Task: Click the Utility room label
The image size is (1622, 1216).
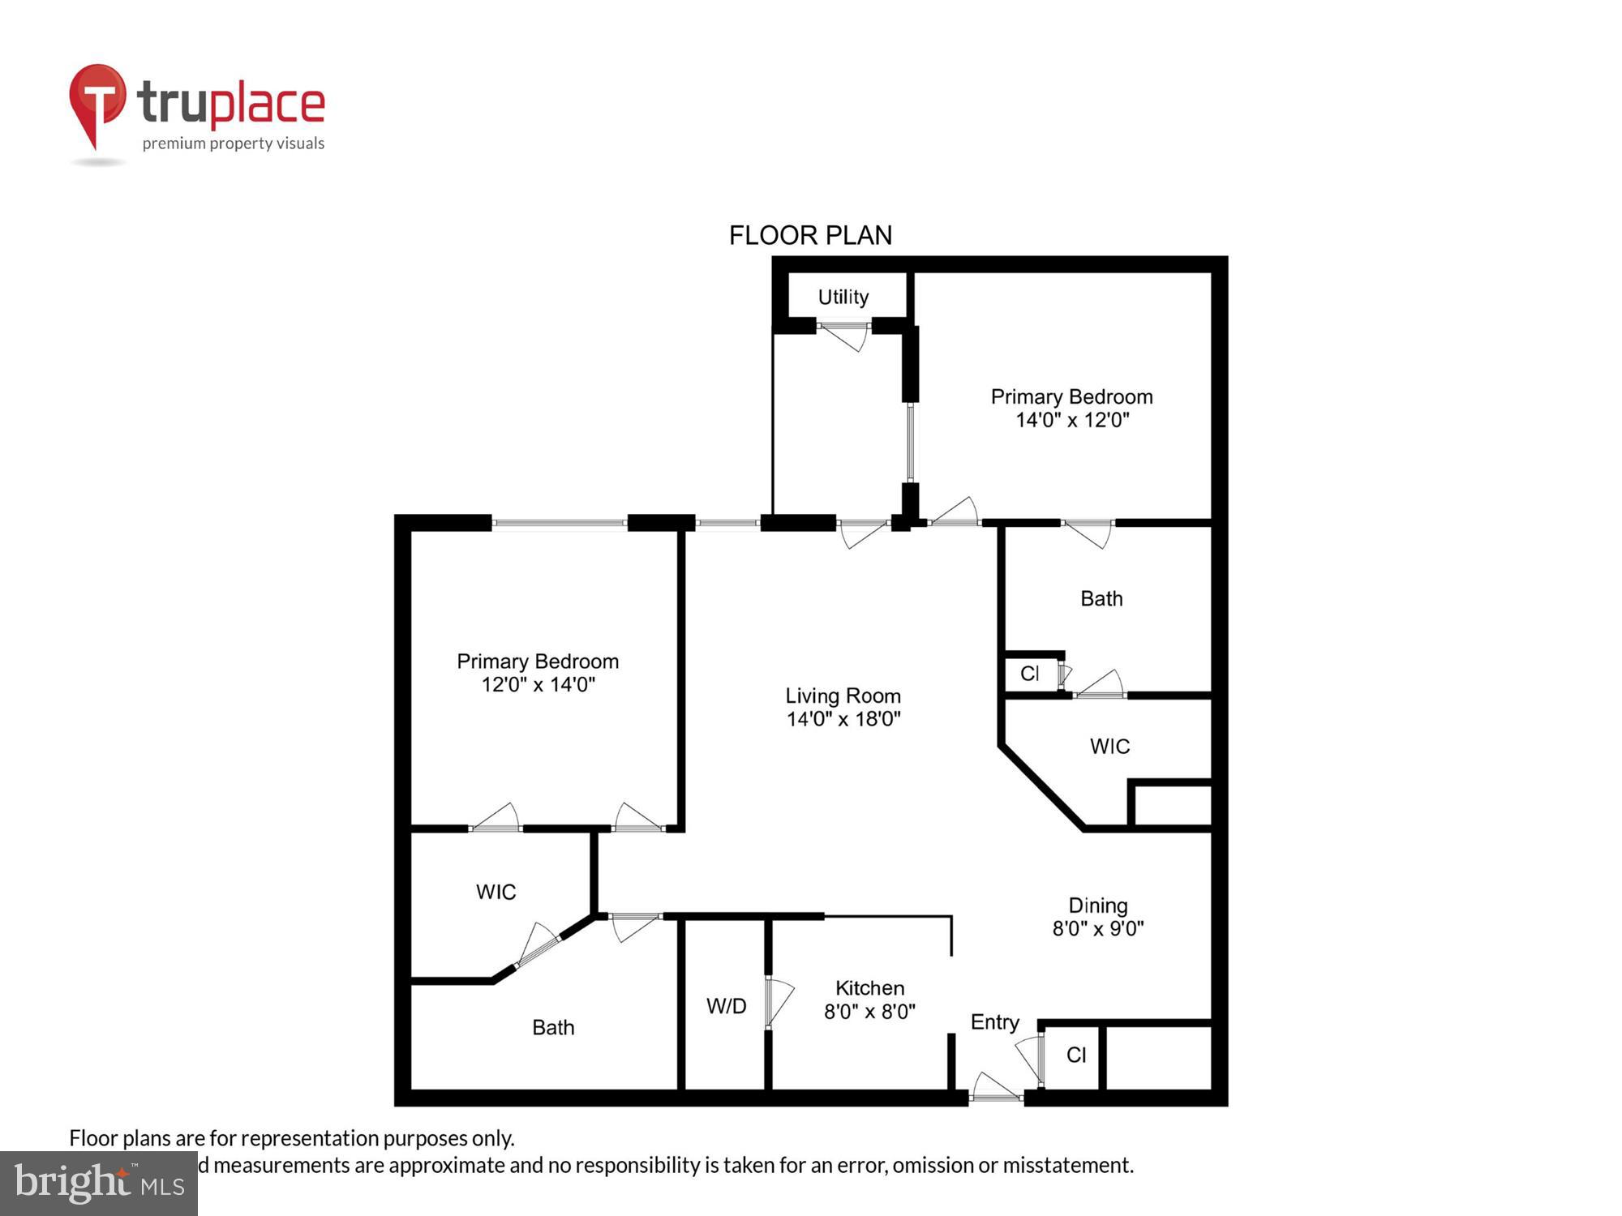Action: pos(843,297)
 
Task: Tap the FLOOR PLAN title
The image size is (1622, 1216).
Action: pos(810,235)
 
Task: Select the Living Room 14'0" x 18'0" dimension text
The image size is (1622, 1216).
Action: pos(843,719)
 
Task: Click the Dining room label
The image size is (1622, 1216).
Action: pos(1097,906)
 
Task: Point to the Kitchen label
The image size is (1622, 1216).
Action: pos(869,988)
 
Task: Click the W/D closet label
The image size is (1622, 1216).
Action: pos(726,1006)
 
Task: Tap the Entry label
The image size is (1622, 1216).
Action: pos(994,1022)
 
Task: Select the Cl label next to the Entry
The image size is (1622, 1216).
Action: pos(1076,1055)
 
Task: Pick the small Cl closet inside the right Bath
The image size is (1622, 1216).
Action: pos(1030,674)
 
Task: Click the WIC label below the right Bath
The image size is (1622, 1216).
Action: pos(1109,747)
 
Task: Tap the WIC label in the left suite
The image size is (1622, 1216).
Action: pos(496,892)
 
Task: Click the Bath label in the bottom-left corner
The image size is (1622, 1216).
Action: pos(553,1028)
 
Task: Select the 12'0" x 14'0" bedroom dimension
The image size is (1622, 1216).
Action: pos(538,685)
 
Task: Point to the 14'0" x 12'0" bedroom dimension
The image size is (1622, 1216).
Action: pos(1072,420)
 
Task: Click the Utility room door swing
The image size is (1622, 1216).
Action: pos(845,336)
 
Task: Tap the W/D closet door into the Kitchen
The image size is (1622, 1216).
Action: pos(779,1003)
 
